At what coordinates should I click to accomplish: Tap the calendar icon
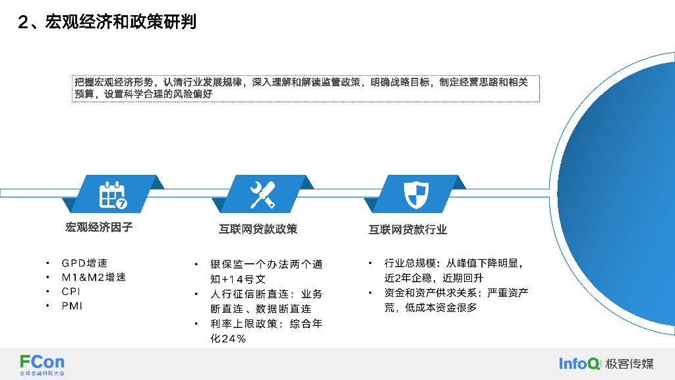tap(113, 194)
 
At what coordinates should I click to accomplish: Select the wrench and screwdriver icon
tap(263, 194)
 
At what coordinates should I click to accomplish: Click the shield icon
tap(416, 194)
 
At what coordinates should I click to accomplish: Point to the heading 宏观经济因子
tap(99, 228)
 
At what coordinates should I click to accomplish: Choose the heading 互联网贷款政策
tap(258, 229)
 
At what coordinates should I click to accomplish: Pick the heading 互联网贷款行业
tap(407, 230)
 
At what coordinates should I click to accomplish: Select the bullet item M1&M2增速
tap(94, 277)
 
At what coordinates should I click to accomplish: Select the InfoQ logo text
tap(579, 364)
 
